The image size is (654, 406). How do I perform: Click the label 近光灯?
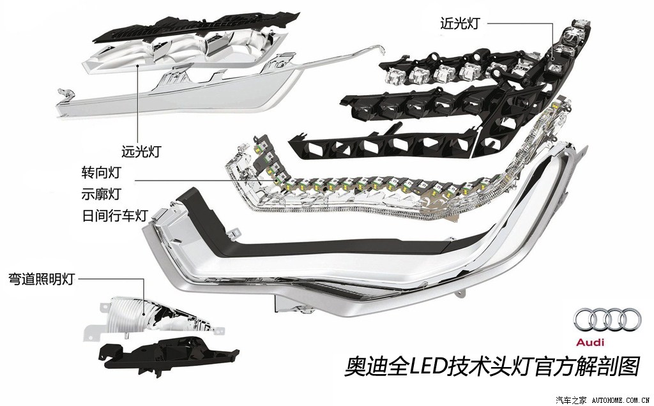click(459, 23)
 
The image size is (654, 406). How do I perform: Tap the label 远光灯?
click(140, 152)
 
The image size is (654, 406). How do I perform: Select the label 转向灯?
click(101, 173)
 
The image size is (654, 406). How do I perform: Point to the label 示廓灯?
click(101, 193)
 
